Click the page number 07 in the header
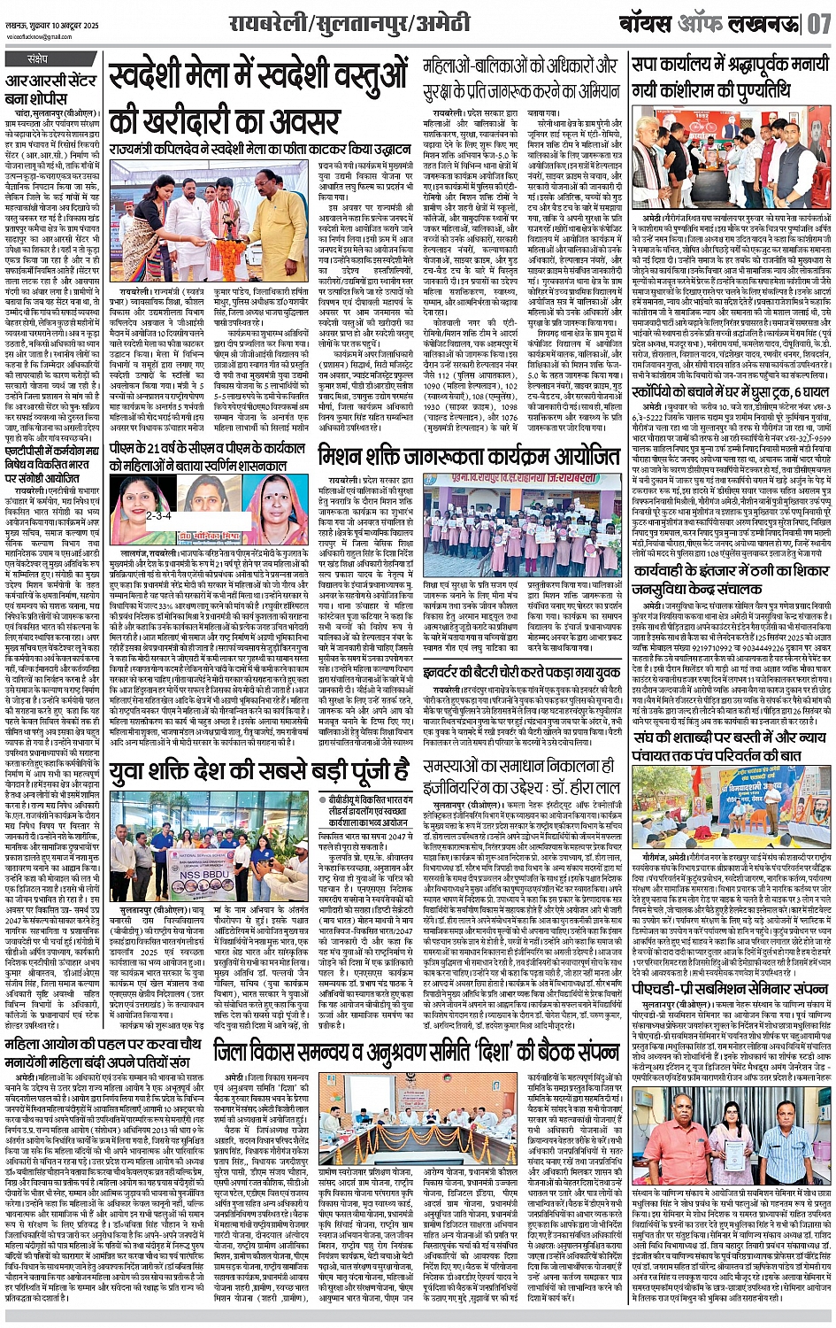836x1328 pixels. pos(818,23)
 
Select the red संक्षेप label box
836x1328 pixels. pos(37,59)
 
